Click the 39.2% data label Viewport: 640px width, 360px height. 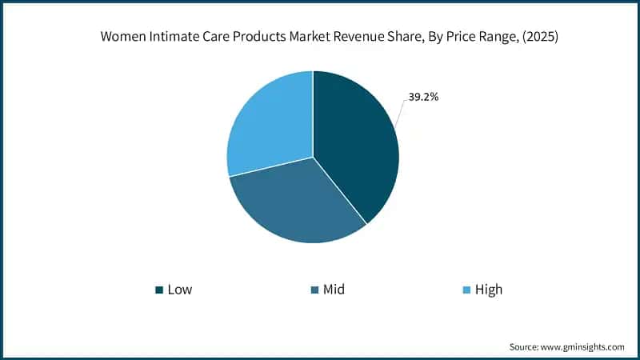point(422,97)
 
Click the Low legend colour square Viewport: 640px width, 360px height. point(159,289)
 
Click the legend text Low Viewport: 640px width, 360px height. point(180,289)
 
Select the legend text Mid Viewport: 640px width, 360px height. point(334,289)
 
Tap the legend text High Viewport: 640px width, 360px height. point(488,289)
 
